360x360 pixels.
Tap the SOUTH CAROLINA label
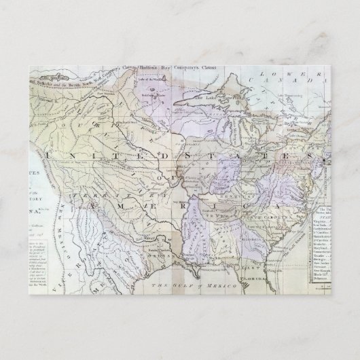click(264, 223)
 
